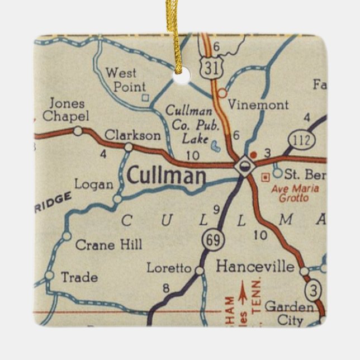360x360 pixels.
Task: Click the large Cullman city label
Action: pos(166,176)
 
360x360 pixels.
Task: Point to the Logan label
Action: pos(94,184)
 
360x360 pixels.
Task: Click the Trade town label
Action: pos(79,277)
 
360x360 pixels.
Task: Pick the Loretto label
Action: pos(169,268)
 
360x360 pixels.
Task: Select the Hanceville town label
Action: pos(255,266)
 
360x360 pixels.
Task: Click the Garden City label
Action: pos(289,314)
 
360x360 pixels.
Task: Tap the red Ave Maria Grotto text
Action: pos(295,193)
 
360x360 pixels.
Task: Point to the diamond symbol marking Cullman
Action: pos(244,166)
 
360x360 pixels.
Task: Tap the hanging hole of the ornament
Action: pos(181,75)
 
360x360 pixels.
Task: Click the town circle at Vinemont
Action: pos(222,93)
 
